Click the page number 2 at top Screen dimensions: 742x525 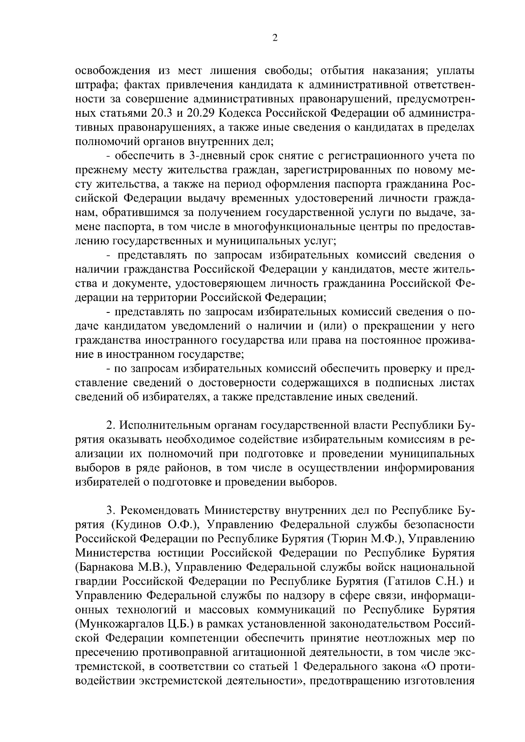[275, 38]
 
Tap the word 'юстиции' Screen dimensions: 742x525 [184, 552]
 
